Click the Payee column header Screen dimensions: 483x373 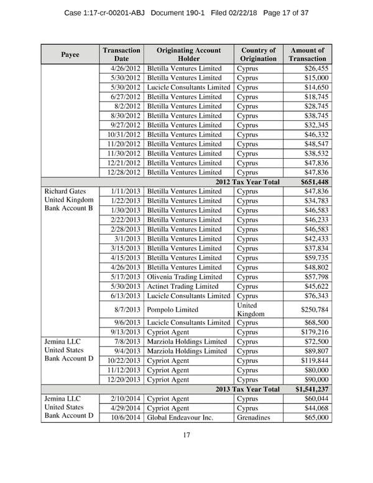(70, 54)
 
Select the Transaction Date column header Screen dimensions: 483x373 (121, 54)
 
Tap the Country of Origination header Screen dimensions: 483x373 (258, 54)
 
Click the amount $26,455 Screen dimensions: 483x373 (316, 68)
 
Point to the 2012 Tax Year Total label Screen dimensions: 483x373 (247, 182)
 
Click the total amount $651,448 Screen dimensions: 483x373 (314, 182)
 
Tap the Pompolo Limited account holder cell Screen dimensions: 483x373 (173, 309)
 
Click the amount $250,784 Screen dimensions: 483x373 (314, 309)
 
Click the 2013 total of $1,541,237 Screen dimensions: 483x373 (311, 389)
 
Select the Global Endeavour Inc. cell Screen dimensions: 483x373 (180, 418)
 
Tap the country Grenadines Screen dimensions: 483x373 (254, 418)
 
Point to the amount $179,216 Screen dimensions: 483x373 (314, 332)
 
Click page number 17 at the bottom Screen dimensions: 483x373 (186, 435)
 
